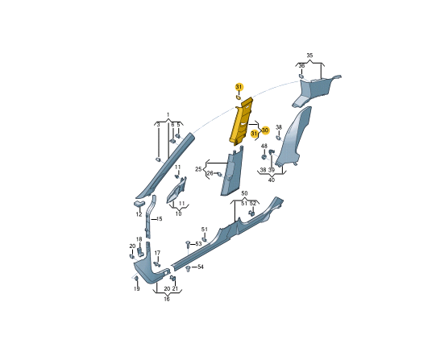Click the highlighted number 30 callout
coord(265,130)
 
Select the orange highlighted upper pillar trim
coord(241,121)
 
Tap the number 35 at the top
coord(309,56)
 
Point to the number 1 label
coord(168,114)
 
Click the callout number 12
coord(139,214)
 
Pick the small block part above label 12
coord(139,203)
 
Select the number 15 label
coord(159,219)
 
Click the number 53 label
coord(198,244)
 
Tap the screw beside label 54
coord(188,268)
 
